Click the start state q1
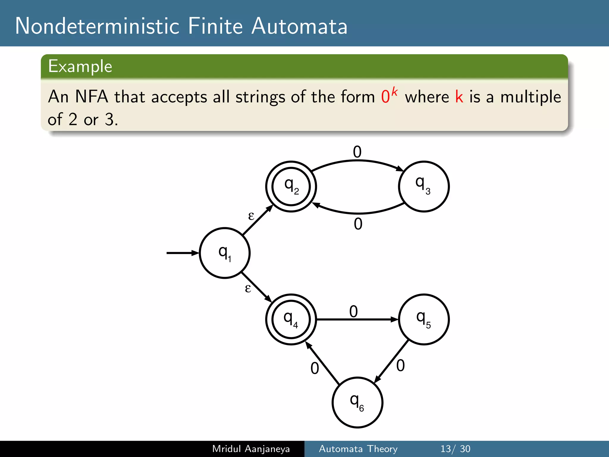[x=225, y=253]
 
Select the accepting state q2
[x=291, y=187]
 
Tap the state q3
[x=424, y=187]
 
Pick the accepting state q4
[x=291, y=320]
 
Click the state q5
[x=424, y=320]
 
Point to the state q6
[x=357, y=403]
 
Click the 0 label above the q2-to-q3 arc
[x=357, y=152]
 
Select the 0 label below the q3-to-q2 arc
[x=358, y=224]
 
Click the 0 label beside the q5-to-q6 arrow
[x=401, y=366]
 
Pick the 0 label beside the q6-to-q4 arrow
[x=315, y=369]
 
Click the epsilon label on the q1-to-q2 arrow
[x=251, y=216]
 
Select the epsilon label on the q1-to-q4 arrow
[x=248, y=288]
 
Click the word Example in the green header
[x=80, y=66]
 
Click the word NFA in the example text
[x=92, y=97]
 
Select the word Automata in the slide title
[x=299, y=26]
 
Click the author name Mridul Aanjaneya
[x=251, y=449]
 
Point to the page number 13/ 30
[x=455, y=449]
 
